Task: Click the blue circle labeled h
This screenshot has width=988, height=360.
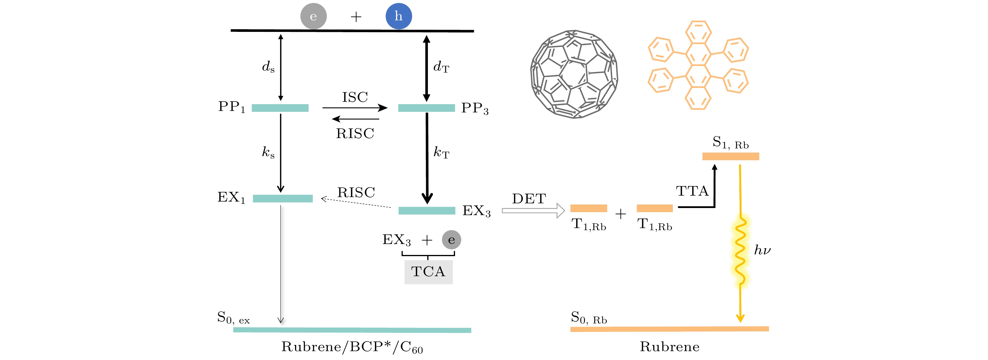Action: [x=399, y=16]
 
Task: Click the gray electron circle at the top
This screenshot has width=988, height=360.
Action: [x=313, y=16]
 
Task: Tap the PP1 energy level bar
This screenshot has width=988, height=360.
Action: [x=280, y=108]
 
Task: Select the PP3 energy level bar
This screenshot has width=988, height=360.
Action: [x=426, y=108]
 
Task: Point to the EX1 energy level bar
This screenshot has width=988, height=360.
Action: [x=283, y=199]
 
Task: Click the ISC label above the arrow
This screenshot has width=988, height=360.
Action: [x=355, y=97]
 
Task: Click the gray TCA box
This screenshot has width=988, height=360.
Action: [x=428, y=272]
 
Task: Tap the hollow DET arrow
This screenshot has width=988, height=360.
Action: [x=533, y=210]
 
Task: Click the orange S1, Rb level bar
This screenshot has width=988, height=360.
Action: [x=731, y=156]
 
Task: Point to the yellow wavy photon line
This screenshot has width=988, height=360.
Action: [x=741, y=251]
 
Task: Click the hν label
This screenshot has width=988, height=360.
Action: [x=762, y=250]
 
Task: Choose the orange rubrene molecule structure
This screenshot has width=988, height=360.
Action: [x=698, y=65]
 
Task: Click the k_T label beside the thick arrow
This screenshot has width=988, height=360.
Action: [x=441, y=153]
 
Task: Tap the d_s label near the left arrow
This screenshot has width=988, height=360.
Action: [x=268, y=67]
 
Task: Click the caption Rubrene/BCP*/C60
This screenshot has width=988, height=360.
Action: [x=352, y=347]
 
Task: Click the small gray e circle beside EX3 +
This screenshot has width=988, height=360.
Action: [x=451, y=240]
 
